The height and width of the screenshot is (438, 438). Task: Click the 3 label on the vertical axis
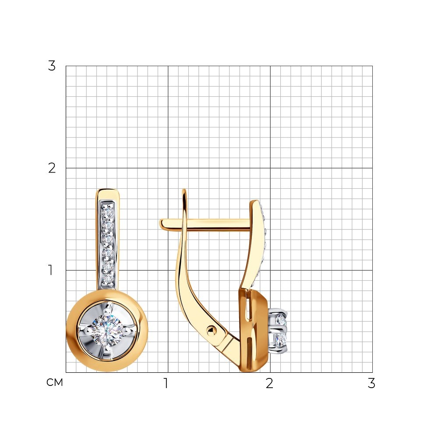click(x=52, y=66)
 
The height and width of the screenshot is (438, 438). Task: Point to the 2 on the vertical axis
click(x=52, y=168)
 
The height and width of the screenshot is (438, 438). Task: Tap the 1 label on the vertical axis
click(x=50, y=270)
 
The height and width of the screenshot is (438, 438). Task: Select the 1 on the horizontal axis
click(x=166, y=383)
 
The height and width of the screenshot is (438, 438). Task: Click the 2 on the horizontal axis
click(x=269, y=383)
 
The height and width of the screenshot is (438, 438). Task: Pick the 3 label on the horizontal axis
click(x=371, y=383)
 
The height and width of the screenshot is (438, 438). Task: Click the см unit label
click(x=55, y=382)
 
